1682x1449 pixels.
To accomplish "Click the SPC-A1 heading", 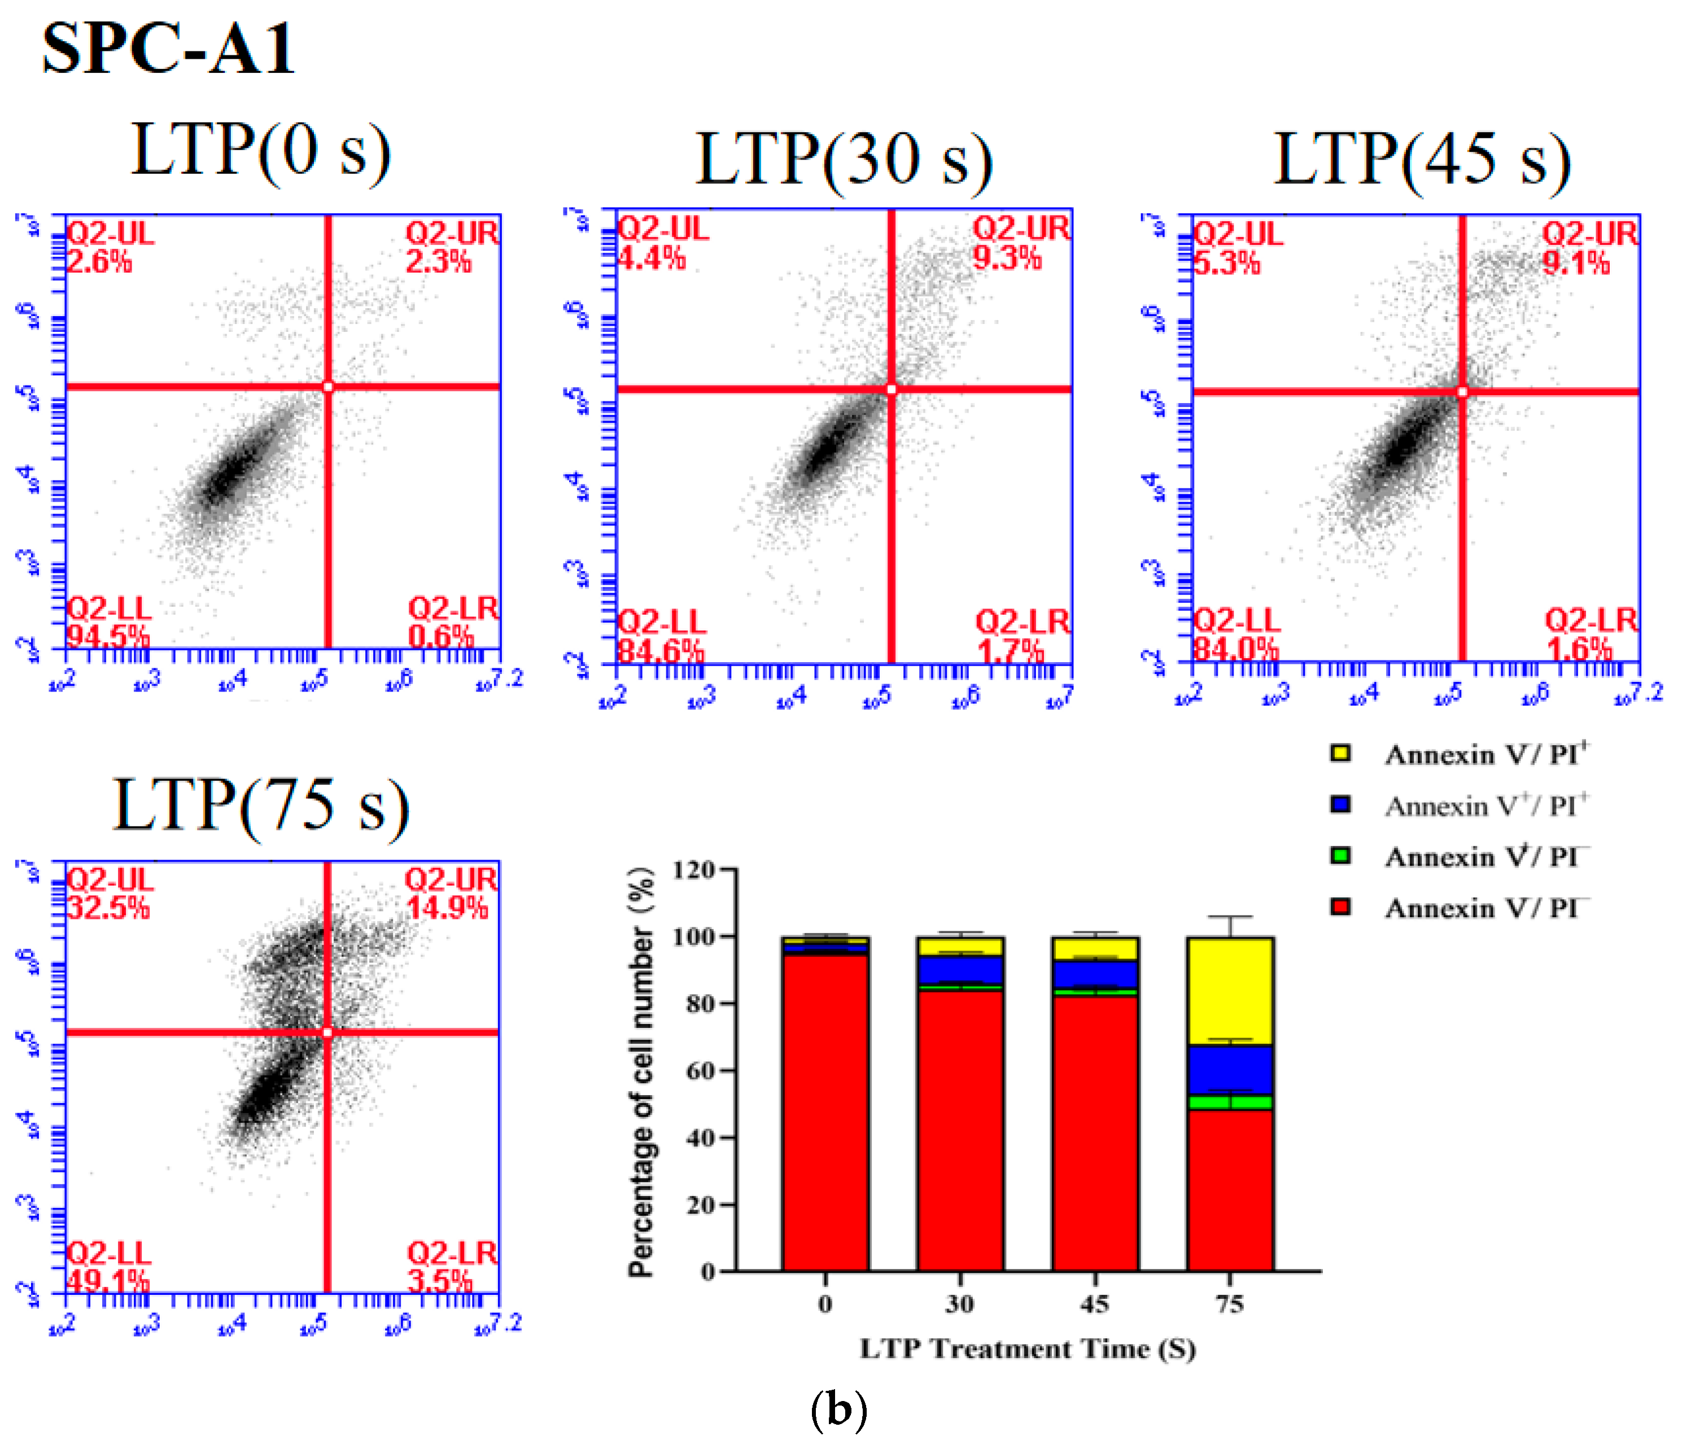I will (x=168, y=49).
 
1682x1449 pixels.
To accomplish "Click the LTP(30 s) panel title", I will (x=844, y=159).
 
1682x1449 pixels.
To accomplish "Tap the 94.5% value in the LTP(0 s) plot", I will (x=107, y=635).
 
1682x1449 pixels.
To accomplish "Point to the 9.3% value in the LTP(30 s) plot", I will (x=1007, y=258).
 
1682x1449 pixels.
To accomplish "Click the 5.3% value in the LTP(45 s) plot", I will (x=1226, y=263).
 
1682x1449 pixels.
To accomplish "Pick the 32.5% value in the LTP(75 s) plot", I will (x=108, y=907).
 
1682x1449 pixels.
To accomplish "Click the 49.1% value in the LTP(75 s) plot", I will (x=107, y=1281).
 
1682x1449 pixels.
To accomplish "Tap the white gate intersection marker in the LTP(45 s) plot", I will (x=1462, y=392).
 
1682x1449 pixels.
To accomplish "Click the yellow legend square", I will (x=1340, y=752).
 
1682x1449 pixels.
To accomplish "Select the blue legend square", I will (x=1340, y=804).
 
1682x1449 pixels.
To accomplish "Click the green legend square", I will (x=1340, y=855).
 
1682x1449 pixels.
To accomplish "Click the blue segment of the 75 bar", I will (x=1230, y=1070).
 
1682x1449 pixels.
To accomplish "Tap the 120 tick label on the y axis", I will (x=693, y=870).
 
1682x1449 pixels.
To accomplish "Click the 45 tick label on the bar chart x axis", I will (x=1094, y=1304).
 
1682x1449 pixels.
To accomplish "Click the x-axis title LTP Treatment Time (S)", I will (x=1027, y=1349).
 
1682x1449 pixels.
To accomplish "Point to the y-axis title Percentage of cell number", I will (x=641, y=1071).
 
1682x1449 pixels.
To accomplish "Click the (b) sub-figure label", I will (x=838, y=1410).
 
